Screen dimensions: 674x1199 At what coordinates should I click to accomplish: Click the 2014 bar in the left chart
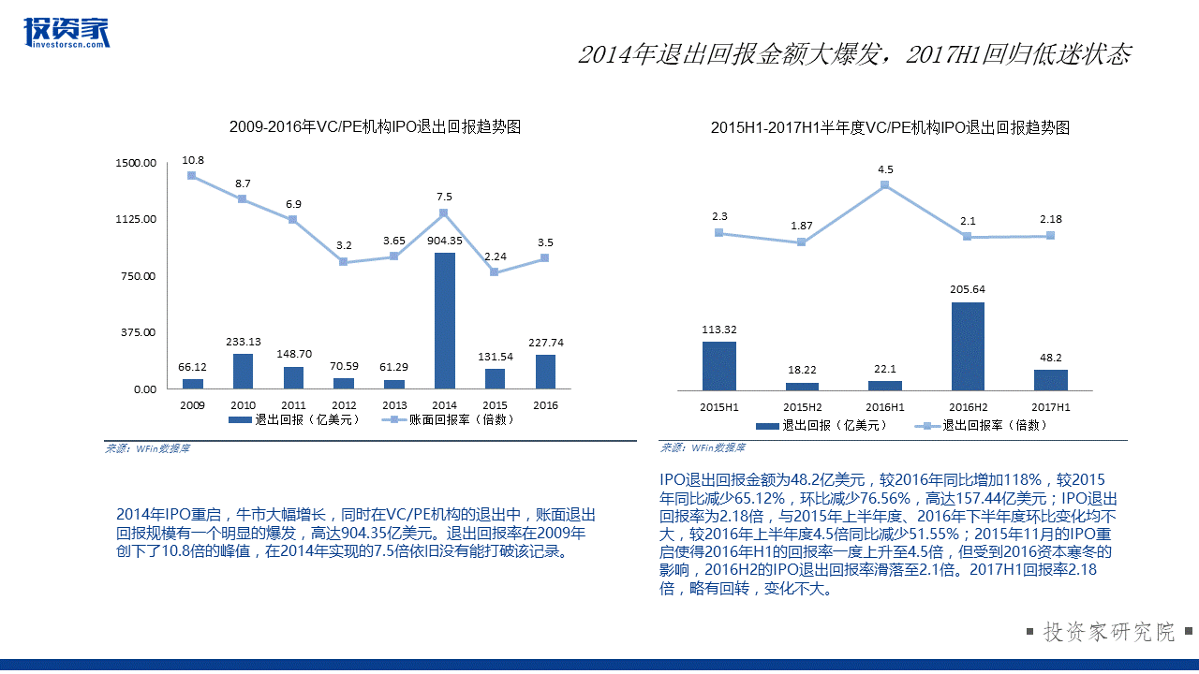pos(445,321)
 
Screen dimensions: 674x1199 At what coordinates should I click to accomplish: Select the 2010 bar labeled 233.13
pos(243,372)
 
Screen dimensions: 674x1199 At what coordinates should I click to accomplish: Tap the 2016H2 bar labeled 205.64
pos(968,346)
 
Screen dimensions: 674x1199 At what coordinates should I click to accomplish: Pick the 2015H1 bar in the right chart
pos(719,366)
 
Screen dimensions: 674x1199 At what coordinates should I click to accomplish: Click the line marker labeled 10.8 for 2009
pos(192,175)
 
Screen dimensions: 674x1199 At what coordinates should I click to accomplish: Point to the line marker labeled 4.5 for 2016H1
pos(885,185)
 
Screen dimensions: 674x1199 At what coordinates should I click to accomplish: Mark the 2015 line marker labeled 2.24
pos(495,272)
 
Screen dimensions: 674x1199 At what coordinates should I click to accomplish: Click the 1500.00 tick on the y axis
pos(136,163)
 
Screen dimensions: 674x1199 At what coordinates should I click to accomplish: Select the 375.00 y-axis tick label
pos(136,332)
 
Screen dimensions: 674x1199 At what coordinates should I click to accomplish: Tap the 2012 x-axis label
pos(344,405)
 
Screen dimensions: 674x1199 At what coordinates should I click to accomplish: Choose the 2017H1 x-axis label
pos(1050,407)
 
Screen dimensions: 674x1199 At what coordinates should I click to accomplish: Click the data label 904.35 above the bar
pos(445,240)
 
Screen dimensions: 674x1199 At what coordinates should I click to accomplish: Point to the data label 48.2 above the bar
pos(1051,357)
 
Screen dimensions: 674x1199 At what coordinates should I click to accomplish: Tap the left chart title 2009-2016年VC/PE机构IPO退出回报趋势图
pos(375,126)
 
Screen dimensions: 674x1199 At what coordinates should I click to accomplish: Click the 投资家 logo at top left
pos(67,33)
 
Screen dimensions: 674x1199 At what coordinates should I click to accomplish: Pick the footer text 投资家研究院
pos(1108,632)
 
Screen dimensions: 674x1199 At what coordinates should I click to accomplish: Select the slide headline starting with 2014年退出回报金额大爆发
pos(854,54)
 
